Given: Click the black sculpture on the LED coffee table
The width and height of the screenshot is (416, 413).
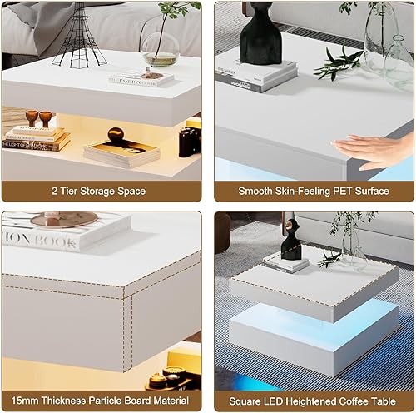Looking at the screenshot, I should pyautogui.click(x=290, y=241).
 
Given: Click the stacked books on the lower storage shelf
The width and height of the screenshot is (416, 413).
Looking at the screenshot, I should pyautogui.click(x=37, y=137).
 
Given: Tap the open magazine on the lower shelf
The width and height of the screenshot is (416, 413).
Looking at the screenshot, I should pyautogui.click(x=121, y=152).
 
